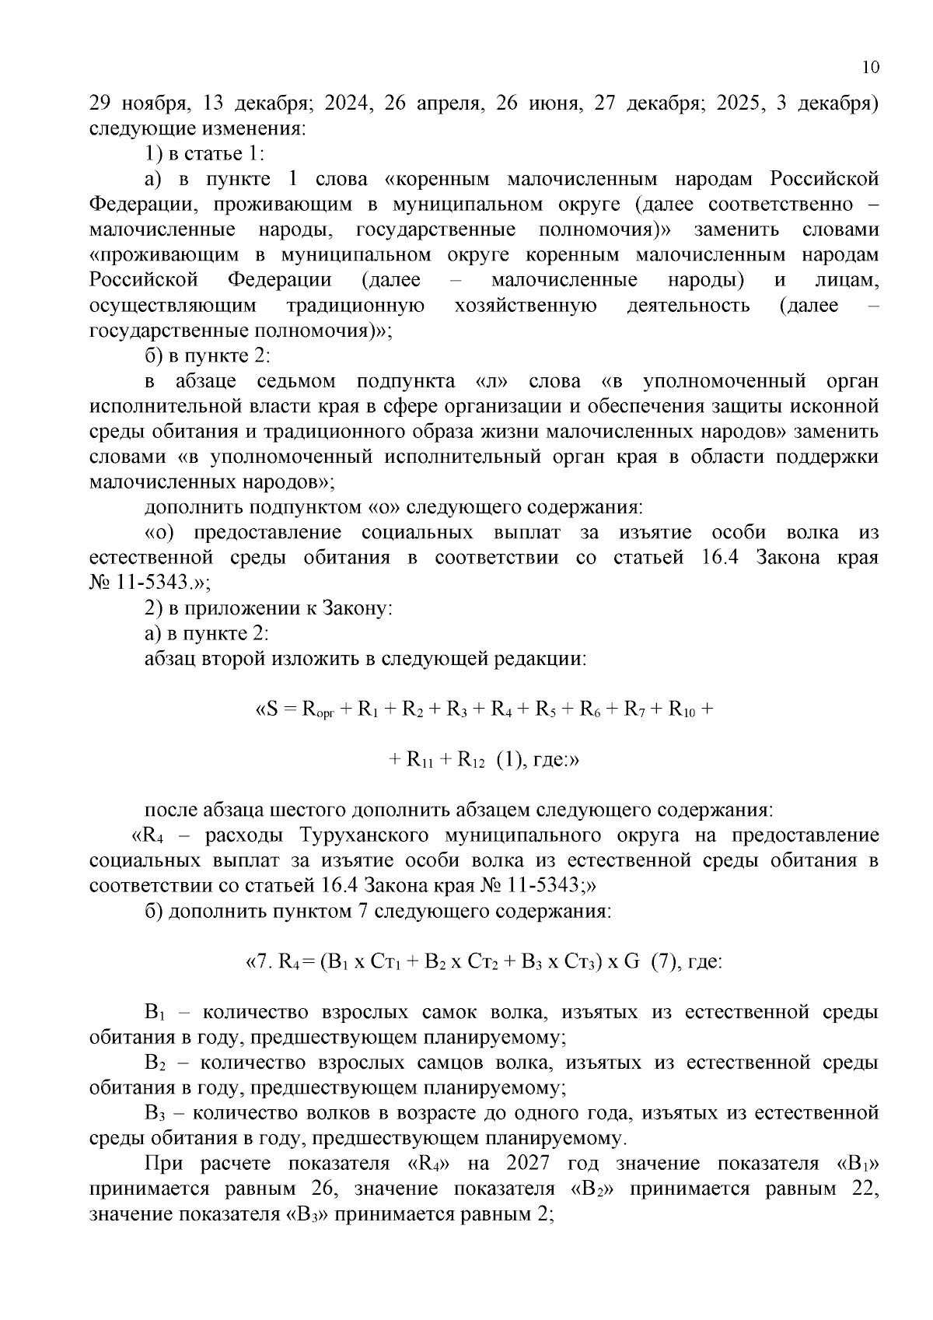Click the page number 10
click(x=871, y=68)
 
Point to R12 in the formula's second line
click(x=471, y=760)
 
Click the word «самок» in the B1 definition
click(x=449, y=1012)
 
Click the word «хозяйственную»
click(x=526, y=306)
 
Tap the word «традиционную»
click(x=356, y=306)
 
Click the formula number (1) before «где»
click(x=508, y=760)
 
